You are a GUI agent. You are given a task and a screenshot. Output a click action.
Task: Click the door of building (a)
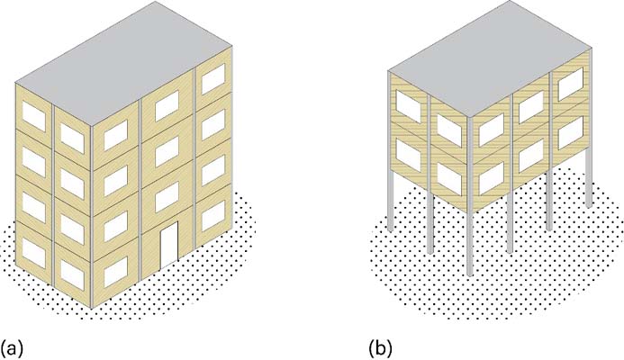coord(168,245)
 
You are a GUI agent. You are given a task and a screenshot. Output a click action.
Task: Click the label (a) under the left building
coord(12,347)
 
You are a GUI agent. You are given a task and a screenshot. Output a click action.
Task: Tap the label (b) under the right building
coord(381,347)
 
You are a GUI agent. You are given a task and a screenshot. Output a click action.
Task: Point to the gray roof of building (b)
coord(490,58)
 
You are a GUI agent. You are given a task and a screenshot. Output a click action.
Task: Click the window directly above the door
coord(167,196)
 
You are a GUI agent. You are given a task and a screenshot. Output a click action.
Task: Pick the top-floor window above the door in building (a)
coord(167,105)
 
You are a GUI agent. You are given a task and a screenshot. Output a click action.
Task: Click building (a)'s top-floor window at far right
coord(213,79)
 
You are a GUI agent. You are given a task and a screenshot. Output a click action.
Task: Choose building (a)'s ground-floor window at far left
coord(34,253)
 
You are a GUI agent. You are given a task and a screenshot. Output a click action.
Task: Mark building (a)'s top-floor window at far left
coord(34,116)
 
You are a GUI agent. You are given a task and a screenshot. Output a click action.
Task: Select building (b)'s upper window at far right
coord(571,85)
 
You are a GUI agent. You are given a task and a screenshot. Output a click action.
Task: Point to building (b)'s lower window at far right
coord(571,133)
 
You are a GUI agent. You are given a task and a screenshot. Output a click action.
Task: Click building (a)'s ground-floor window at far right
coord(213,216)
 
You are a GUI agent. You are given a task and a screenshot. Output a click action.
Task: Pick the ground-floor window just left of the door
coord(116,272)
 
